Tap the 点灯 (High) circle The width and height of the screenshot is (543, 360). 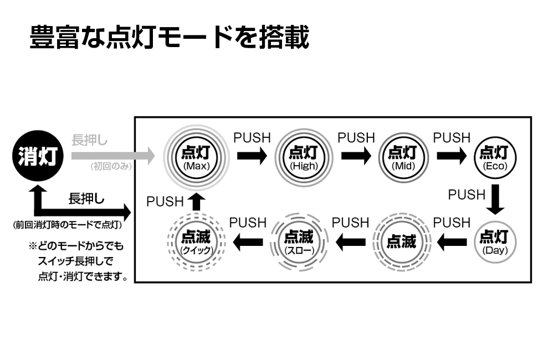point(303,156)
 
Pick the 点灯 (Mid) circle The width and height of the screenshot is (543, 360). point(403,156)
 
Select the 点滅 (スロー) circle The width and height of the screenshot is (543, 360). point(299,242)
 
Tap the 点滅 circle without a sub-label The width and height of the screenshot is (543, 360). point(401,242)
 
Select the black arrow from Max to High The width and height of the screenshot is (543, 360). point(252,156)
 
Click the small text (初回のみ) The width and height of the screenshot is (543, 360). point(111,166)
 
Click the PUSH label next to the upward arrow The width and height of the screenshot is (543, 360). point(165,202)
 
